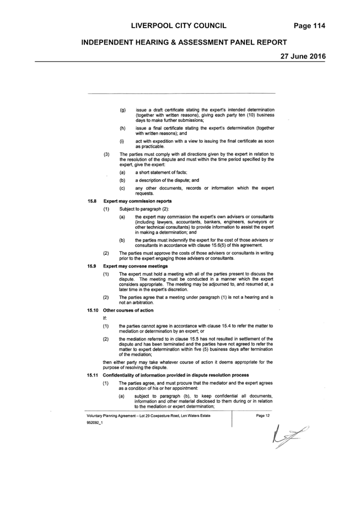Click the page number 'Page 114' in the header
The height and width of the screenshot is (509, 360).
click(309, 26)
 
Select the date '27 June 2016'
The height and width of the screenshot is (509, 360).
click(303, 56)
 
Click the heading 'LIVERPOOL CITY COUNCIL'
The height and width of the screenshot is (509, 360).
click(179, 26)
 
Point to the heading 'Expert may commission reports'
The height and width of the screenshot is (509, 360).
click(137, 201)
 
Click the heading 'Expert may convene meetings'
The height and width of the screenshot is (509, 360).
click(136, 266)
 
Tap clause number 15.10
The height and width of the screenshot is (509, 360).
click(93, 310)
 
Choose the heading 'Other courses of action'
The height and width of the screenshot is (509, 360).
click(128, 310)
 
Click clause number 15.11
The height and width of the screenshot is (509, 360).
click(93, 375)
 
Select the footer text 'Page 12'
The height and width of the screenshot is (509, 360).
click(262, 416)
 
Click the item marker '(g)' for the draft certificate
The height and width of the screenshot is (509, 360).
click(123, 110)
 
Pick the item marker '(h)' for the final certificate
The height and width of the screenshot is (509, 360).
click(123, 128)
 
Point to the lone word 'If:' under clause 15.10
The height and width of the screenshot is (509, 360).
click(105, 318)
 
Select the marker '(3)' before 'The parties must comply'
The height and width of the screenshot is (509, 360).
click(106, 154)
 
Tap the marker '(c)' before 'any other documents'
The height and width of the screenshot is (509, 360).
click(122, 188)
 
